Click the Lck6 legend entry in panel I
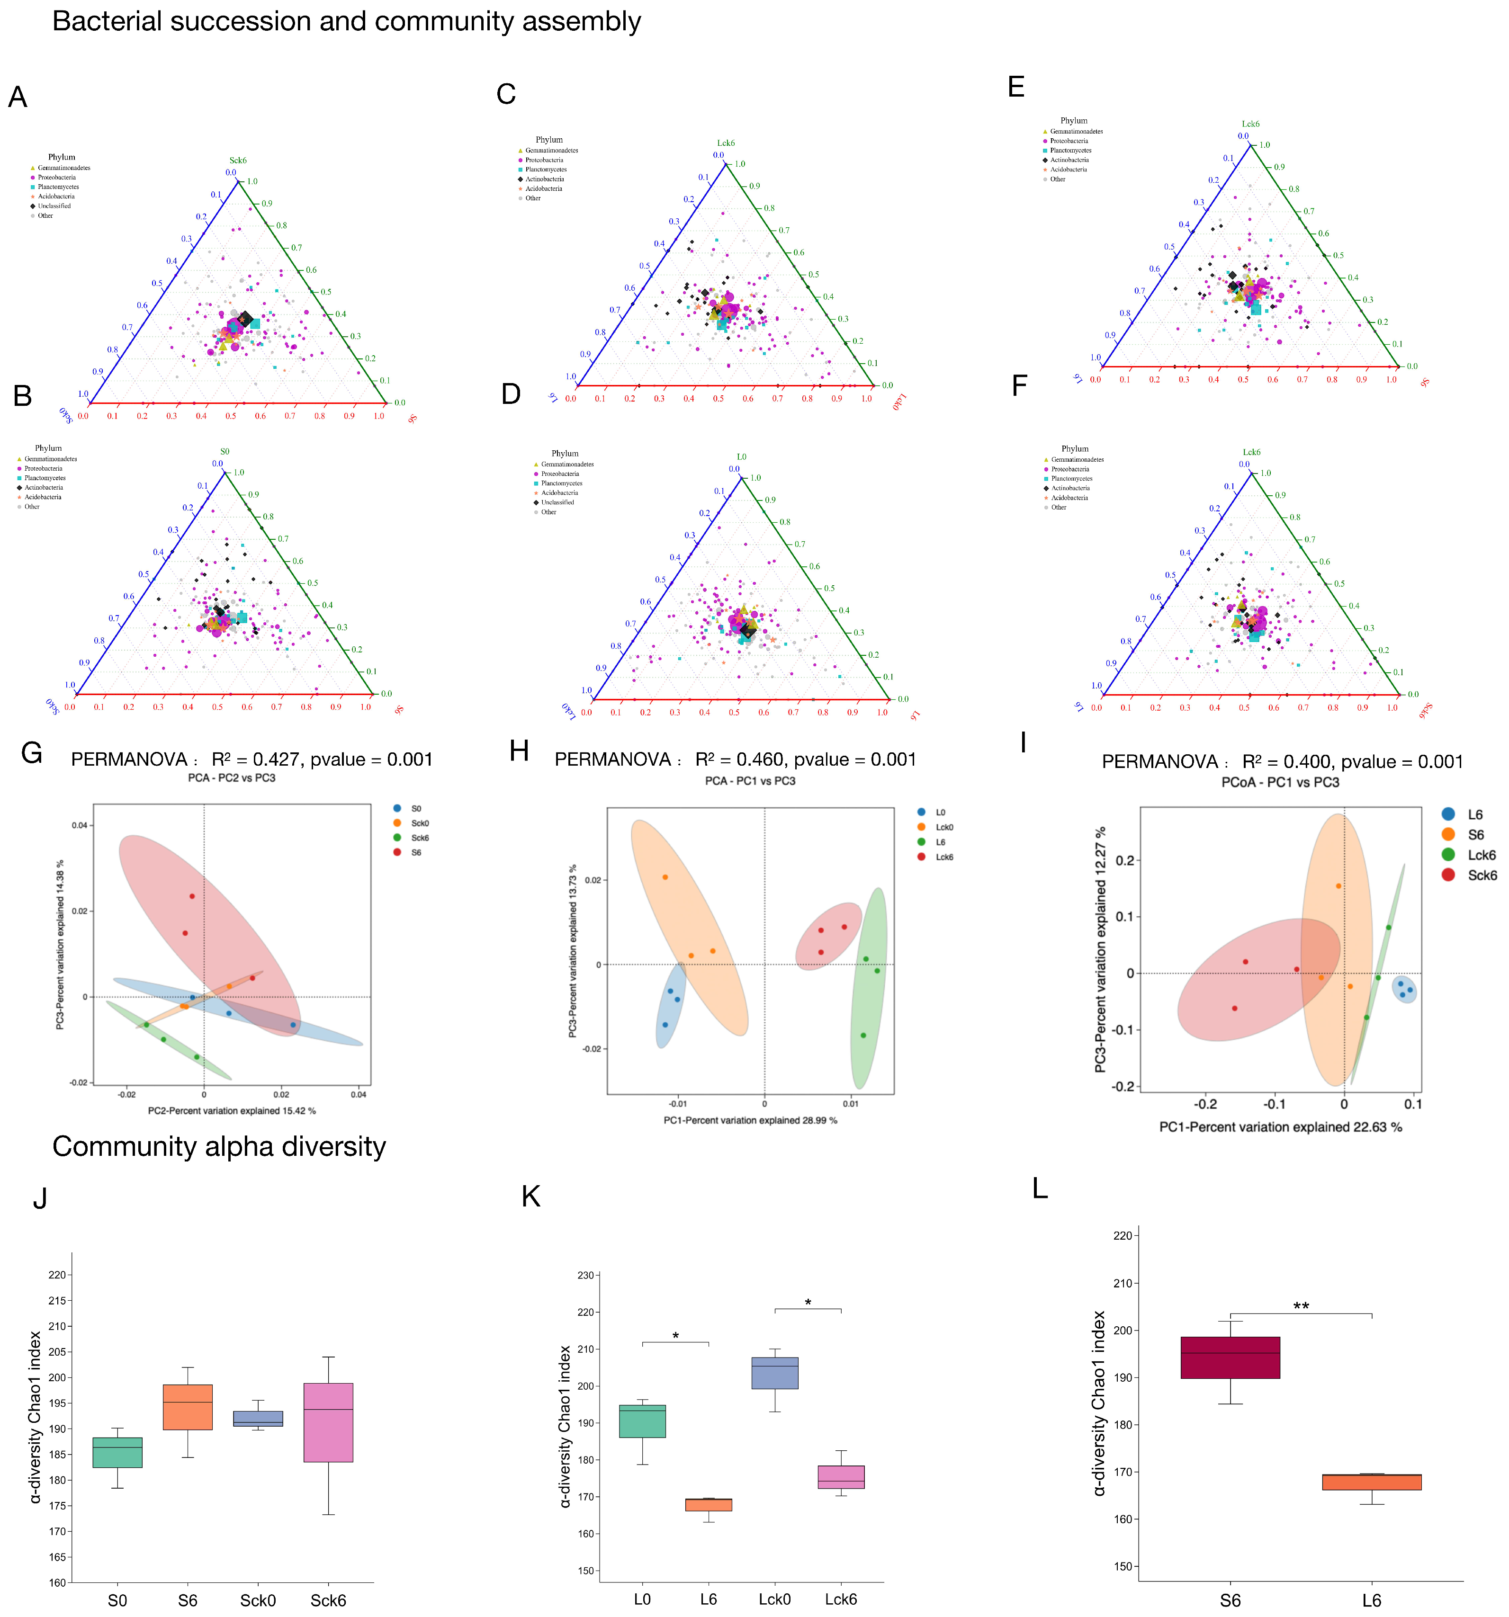pos(1481,855)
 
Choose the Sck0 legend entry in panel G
pos(420,823)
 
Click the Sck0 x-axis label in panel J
pos(258,1600)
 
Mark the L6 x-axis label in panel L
pos(1372,1600)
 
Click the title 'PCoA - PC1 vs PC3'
pos(1280,783)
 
